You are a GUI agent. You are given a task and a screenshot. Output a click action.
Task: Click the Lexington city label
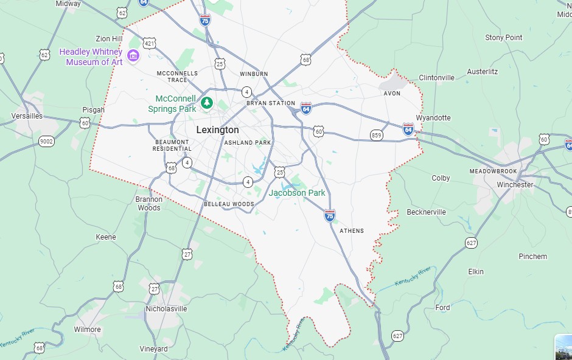pyautogui.click(x=217, y=130)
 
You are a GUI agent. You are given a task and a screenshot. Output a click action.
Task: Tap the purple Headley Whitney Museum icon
pyautogui.click(x=133, y=57)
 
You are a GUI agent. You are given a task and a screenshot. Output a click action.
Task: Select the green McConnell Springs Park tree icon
pyautogui.click(x=207, y=103)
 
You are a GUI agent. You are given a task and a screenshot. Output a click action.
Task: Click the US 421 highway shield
pyautogui.click(x=150, y=43)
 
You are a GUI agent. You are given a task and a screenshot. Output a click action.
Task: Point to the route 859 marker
pyautogui.click(x=377, y=135)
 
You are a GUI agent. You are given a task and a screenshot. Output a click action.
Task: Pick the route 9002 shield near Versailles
pyautogui.click(x=46, y=142)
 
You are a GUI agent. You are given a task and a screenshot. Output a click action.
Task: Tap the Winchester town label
pyautogui.click(x=515, y=185)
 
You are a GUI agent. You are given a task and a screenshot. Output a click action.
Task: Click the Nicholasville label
pyautogui.click(x=166, y=309)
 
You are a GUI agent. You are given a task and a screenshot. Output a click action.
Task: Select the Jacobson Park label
pyautogui.click(x=297, y=193)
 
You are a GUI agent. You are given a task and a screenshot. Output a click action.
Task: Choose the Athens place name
pyautogui.click(x=352, y=231)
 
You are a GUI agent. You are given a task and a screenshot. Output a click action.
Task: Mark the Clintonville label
pyautogui.click(x=436, y=78)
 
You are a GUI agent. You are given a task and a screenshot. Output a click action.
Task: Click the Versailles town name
pyautogui.click(x=27, y=116)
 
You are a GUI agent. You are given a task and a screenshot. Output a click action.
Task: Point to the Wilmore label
pyautogui.click(x=87, y=330)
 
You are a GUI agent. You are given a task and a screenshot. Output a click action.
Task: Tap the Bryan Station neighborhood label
pyautogui.click(x=271, y=103)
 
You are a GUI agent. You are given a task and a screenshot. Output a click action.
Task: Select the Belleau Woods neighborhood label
pyautogui.click(x=229, y=204)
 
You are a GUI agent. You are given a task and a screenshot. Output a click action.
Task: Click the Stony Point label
pyautogui.click(x=503, y=38)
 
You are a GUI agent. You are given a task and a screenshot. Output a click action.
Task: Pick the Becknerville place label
pyautogui.click(x=426, y=212)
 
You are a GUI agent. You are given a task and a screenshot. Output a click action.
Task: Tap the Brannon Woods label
pyautogui.click(x=149, y=203)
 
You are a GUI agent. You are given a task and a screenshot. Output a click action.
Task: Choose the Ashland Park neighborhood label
pyautogui.click(x=247, y=143)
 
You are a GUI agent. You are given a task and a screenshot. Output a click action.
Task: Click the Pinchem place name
pyautogui.click(x=532, y=257)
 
